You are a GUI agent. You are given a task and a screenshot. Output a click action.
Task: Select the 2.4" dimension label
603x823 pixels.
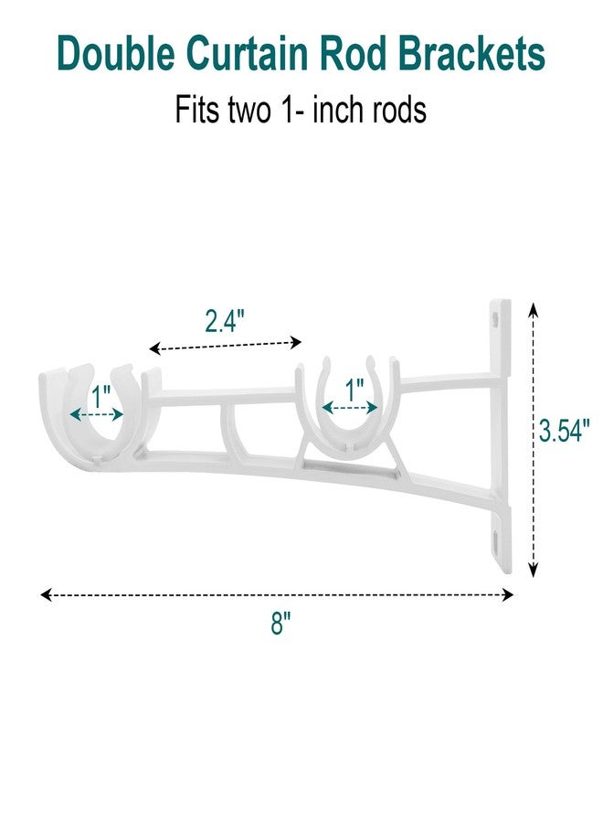tap(225, 321)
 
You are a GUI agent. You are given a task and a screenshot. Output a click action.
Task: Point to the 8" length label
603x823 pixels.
tap(280, 625)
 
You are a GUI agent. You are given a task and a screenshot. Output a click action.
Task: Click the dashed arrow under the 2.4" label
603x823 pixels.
tap(225, 345)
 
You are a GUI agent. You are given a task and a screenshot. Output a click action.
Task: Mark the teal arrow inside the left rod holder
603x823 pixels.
tap(97, 414)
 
